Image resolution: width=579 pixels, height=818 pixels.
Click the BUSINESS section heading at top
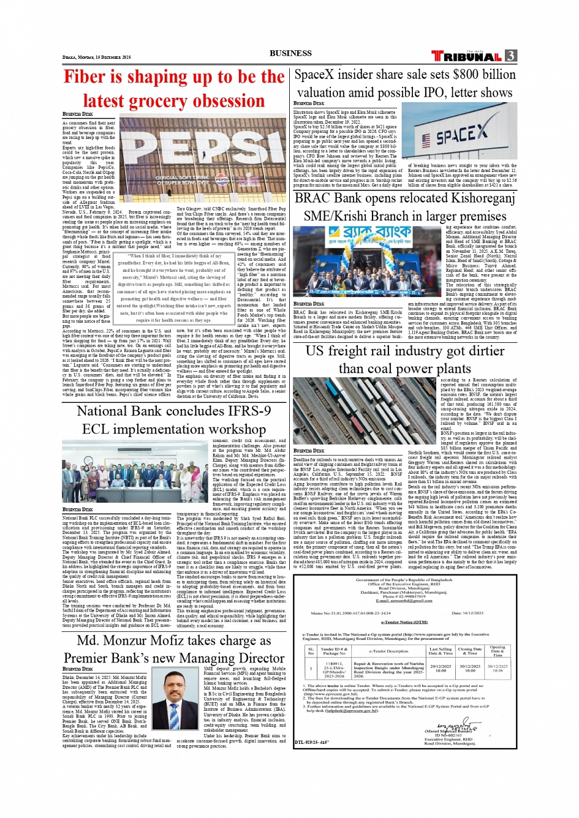pos(290,53)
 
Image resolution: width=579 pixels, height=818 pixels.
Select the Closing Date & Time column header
pos(469,651)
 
